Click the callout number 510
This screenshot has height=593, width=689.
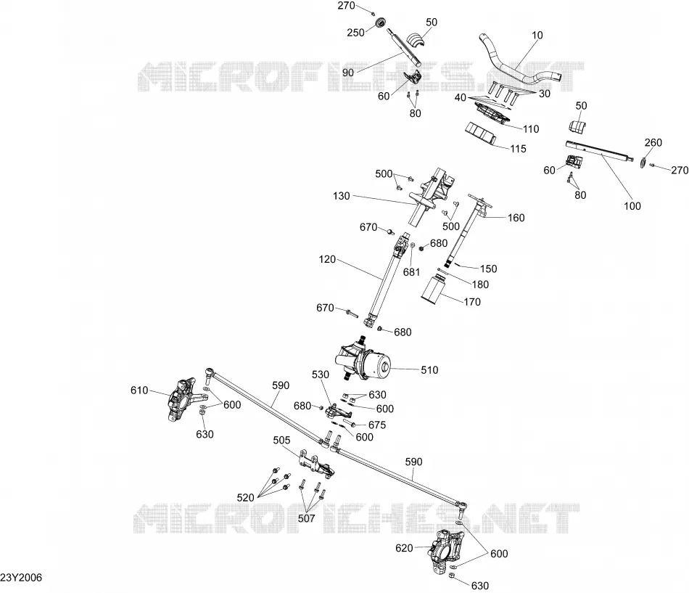pyautogui.click(x=429, y=370)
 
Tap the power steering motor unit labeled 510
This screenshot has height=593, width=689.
pyautogui.click(x=363, y=359)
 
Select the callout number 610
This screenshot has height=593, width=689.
pyautogui.click(x=139, y=390)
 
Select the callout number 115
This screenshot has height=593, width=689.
pyautogui.click(x=518, y=149)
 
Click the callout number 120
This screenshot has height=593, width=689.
pyautogui.click(x=327, y=259)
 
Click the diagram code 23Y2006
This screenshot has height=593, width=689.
pyautogui.click(x=21, y=578)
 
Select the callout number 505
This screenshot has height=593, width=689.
pyautogui.click(x=281, y=441)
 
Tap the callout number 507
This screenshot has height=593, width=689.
pyautogui.click(x=306, y=518)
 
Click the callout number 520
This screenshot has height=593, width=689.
pyautogui.click(x=245, y=497)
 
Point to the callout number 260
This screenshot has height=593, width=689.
pyautogui.click(x=653, y=142)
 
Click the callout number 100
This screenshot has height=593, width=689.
pyautogui.click(x=632, y=206)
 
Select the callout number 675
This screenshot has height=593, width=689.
pyautogui.click(x=377, y=425)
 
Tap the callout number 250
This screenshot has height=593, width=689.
pyautogui.click(x=355, y=33)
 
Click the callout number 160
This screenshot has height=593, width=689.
pyautogui.click(x=516, y=218)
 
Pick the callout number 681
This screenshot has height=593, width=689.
pyautogui.click(x=411, y=272)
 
